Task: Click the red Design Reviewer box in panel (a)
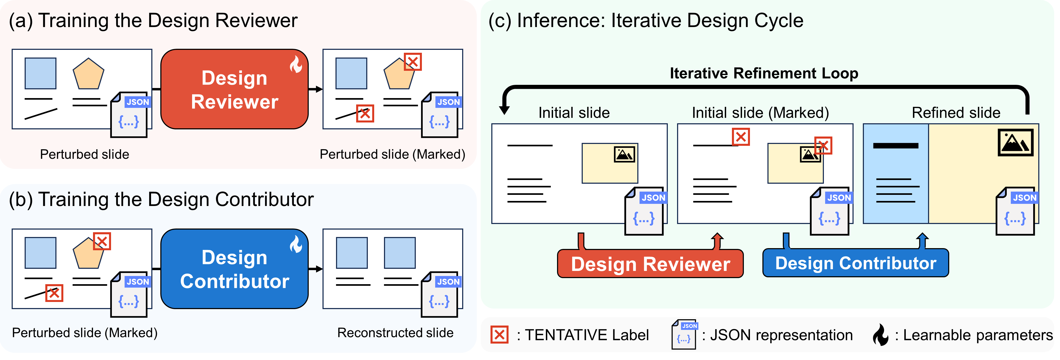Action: point(234,89)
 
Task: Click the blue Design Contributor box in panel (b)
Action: point(234,269)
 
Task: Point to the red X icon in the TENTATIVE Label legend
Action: point(499,335)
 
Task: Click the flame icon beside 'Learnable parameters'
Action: point(881,335)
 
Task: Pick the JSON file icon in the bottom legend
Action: point(684,335)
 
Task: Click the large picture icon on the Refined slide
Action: point(1015,142)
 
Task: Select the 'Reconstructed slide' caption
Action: point(395,332)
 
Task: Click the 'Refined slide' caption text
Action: point(956,113)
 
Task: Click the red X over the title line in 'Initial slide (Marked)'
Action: point(741,137)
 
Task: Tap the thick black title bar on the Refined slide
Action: point(895,146)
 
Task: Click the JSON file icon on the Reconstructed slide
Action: point(439,294)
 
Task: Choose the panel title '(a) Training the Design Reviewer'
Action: point(153,21)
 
